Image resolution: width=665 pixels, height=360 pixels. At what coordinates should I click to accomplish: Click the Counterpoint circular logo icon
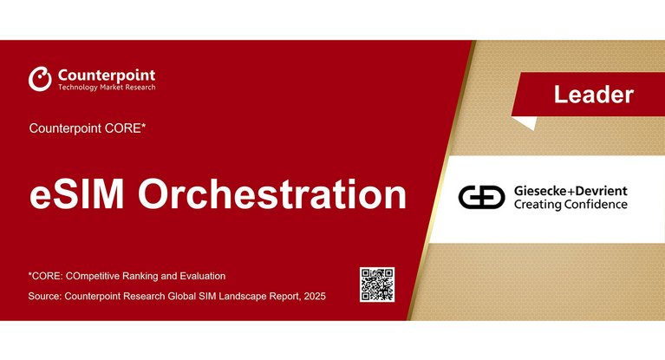[40, 79]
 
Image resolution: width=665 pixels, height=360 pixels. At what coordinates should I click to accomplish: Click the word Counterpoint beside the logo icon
[107, 75]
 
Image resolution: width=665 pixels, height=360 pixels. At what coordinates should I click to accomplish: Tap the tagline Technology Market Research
[107, 88]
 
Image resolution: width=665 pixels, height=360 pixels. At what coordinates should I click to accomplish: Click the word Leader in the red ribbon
[593, 94]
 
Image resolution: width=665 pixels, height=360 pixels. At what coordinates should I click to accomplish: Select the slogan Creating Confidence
[570, 206]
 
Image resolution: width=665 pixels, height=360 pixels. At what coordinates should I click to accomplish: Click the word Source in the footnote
[45, 298]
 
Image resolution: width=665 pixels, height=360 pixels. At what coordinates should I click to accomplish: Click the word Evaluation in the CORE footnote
[201, 276]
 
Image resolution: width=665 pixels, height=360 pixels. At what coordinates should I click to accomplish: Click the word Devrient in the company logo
[600, 191]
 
